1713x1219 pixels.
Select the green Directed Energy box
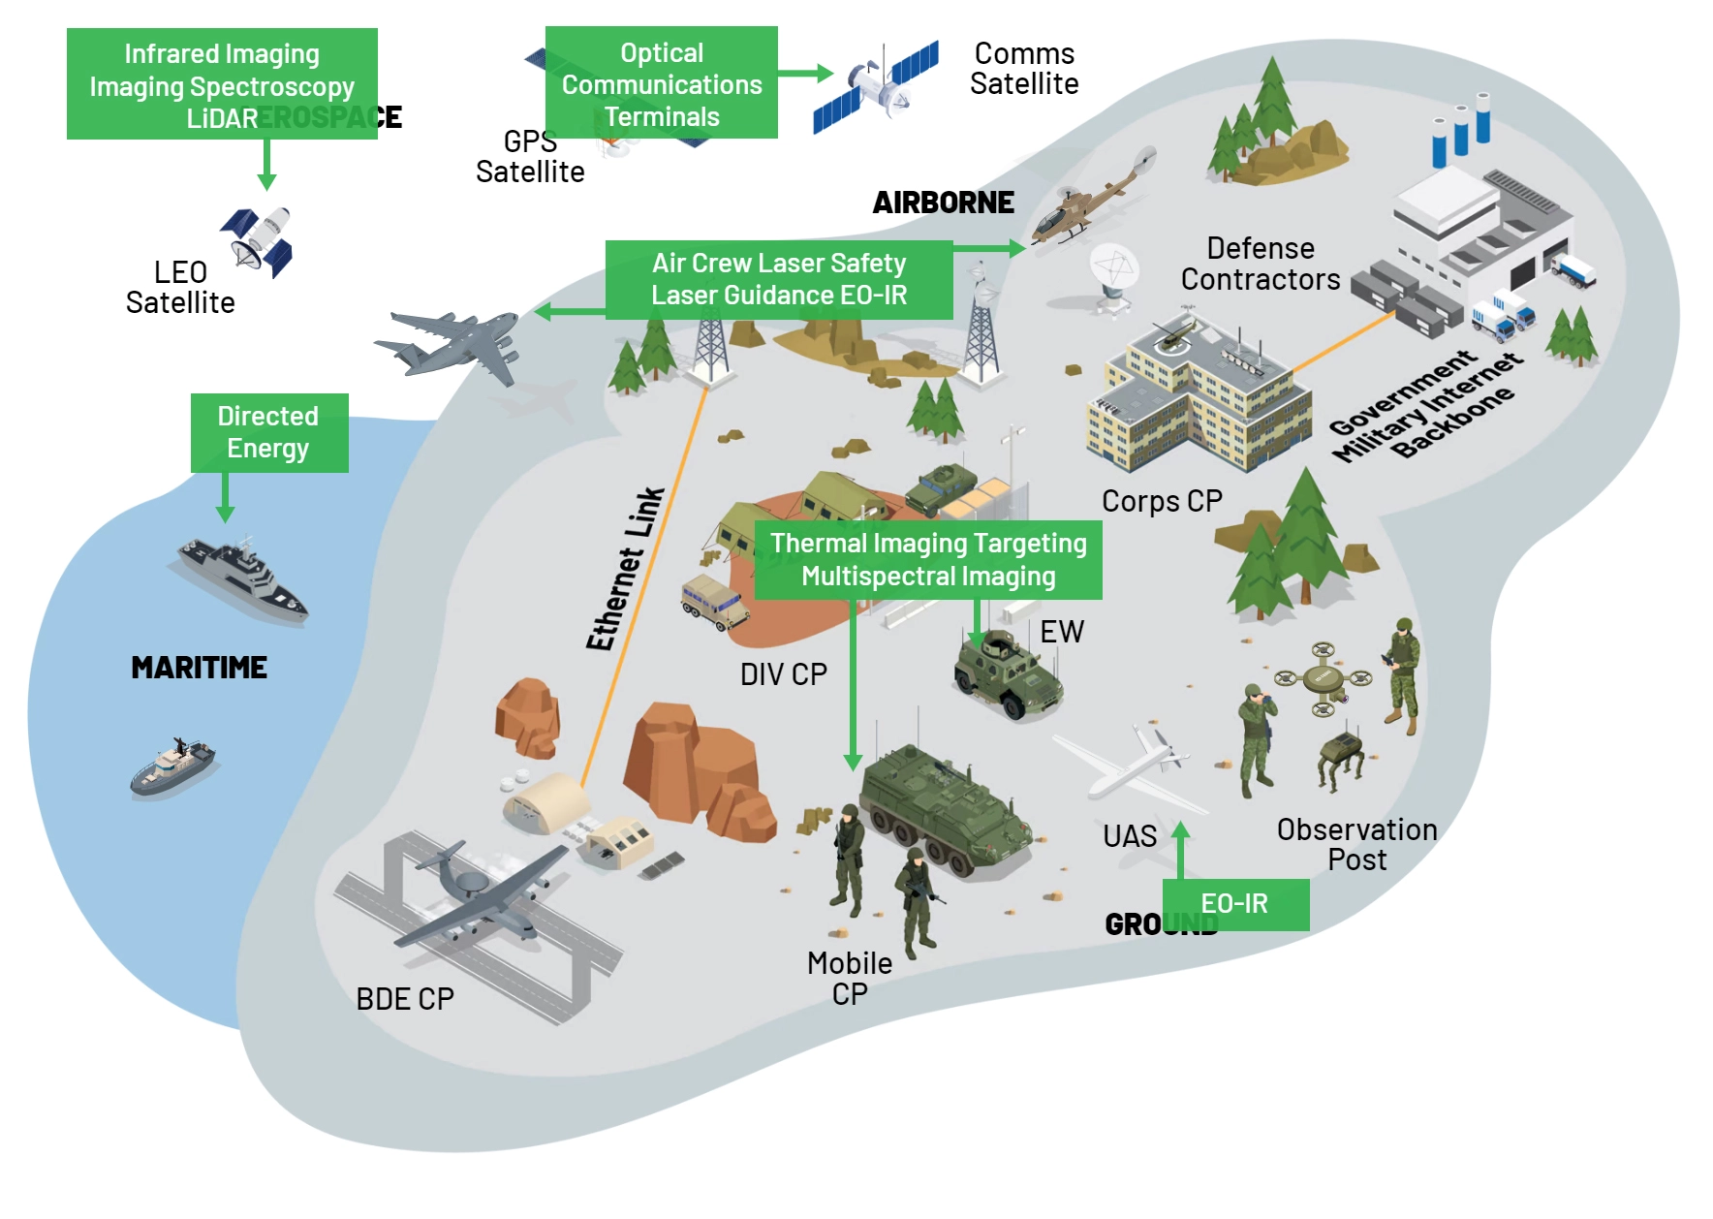tap(268, 432)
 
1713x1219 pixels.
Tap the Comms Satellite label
tap(1024, 69)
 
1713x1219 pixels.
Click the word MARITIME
tap(199, 668)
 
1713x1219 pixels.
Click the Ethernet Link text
tap(626, 569)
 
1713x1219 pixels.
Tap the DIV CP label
tap(783, 674)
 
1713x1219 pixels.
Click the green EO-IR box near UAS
tap(1234, 904)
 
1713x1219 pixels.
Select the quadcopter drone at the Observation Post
tap(1323, 677)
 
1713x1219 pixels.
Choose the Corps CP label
tap(1162, 501)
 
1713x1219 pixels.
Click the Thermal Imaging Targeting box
tap(927, 560)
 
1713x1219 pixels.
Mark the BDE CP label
tap(405, 999)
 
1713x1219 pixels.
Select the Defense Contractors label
tap(1260, 264)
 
